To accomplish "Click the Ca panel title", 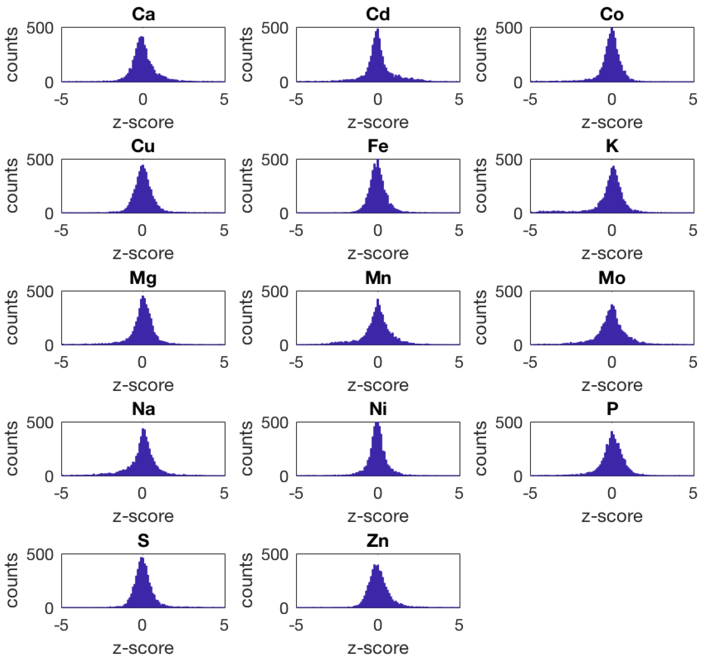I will (x=143, y=15).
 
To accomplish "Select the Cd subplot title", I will (x=378, y=15).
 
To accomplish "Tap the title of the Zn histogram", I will (x=378, y=541).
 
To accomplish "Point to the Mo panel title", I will (x=611, y=278).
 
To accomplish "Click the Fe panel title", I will (x=378, y=146).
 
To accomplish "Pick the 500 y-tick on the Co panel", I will (x=509, y=28).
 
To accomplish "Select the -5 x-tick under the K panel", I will (x=530, y=231).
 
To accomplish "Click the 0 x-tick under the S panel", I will (x=142, y=625).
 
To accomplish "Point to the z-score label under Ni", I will (x=378, y=516).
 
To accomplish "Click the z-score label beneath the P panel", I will (x=611, y=516).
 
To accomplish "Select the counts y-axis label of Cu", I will (x=12, y=186).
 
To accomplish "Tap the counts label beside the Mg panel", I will (x=12, y=318).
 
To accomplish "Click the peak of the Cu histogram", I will (x=142, y=166).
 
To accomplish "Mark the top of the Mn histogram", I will (x=378, y=299).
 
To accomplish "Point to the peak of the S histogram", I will (x=142, y=558).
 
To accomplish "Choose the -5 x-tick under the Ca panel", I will (x=61, y=100).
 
